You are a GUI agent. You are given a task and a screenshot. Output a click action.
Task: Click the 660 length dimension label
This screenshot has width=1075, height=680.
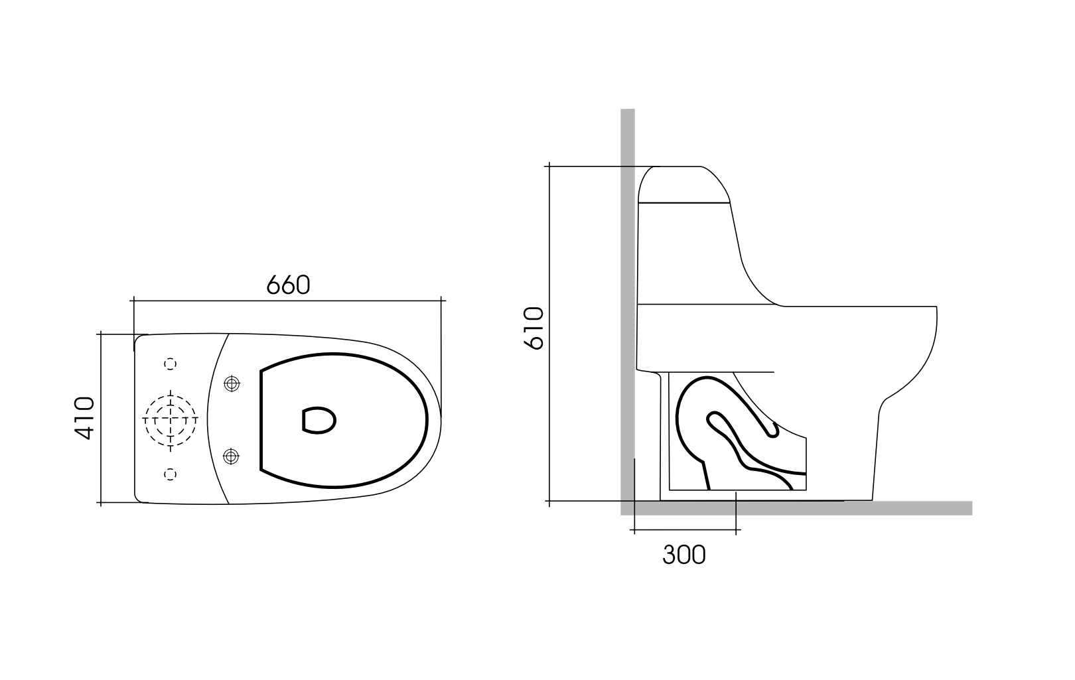point(288,285)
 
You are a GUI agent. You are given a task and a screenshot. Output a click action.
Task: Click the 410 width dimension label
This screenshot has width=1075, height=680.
point(85,418)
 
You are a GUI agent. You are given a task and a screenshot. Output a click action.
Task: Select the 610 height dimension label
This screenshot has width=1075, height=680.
point(534,328)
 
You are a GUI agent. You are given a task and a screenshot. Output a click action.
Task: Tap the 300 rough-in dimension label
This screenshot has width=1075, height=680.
point(684,555)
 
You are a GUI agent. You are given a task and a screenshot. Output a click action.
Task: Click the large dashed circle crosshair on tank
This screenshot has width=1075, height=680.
point(171,419)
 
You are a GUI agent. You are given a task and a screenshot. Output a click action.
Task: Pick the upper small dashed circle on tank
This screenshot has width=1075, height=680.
point(171,364)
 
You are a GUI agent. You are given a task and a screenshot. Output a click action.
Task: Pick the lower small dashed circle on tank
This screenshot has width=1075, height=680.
point(171,473)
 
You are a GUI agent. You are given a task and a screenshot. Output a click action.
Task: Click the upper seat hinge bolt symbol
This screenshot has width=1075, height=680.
point(231,383)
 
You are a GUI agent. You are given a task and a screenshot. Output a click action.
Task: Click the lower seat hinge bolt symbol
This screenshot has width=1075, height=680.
point(231,456)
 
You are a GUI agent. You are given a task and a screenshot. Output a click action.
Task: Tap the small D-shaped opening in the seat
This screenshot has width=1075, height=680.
point(319,419)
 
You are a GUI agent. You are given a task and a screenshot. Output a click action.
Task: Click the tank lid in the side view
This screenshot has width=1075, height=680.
point(683,184)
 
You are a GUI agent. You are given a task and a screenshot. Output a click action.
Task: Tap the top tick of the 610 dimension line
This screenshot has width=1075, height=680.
point(549,167)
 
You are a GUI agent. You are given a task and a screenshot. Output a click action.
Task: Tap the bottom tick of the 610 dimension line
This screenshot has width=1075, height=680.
point(549,501)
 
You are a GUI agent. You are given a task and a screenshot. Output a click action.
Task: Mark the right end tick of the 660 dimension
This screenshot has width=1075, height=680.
point(442,301)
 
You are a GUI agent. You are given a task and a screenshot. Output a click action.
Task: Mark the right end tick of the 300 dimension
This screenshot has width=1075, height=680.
point(736,530)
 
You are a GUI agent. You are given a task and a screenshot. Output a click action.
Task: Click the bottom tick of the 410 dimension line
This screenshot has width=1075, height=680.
point(101,503)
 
